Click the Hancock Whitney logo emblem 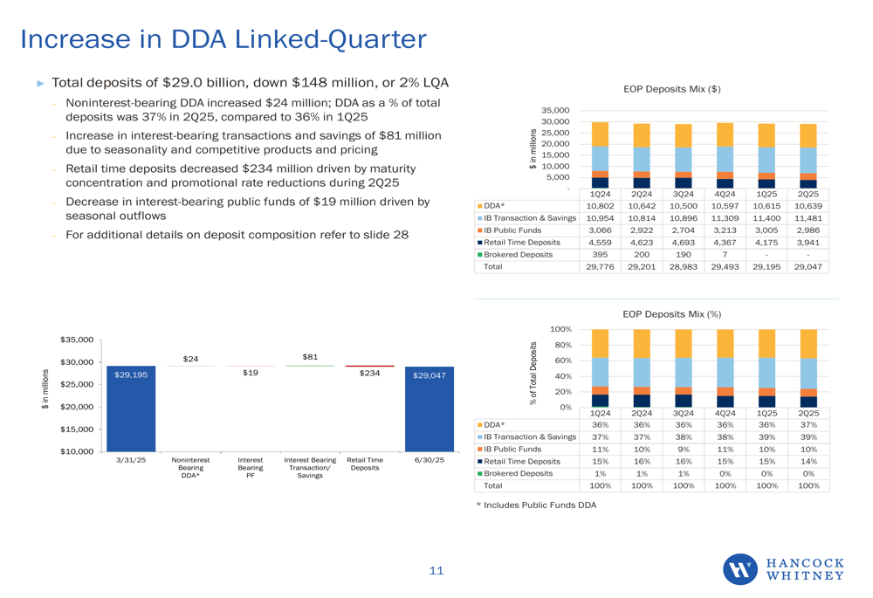(740, 569)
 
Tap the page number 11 (436, 571)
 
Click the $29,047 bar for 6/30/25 (429, 409)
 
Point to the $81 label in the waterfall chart (310, 357)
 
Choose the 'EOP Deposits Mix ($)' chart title (671, 89)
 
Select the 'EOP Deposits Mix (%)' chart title (671, 313)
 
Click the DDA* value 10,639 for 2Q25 (808, 205)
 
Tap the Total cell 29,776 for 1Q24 (599, 267)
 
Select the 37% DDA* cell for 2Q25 (808, 424)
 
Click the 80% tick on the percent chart (560, 345)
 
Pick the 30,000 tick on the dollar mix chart (555, 121)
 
